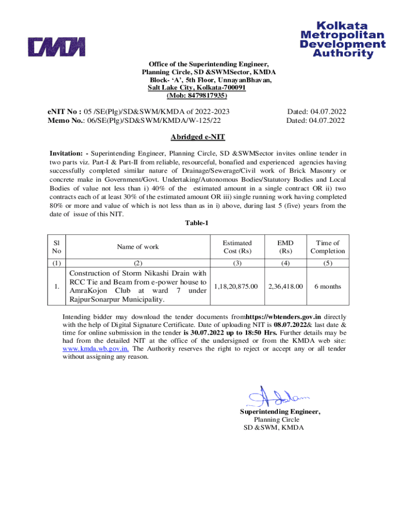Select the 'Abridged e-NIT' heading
click(x=198, y=137)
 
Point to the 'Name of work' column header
click(x=138, y=247)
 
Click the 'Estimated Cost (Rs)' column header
click(x=237, y=247)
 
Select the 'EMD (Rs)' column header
click(x=286, y=247)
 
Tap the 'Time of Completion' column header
click(x=327, y=247)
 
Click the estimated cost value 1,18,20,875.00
click(x=236, y=287)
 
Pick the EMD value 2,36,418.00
click(x=286, y=287)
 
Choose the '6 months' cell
click(x=327, y=287)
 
